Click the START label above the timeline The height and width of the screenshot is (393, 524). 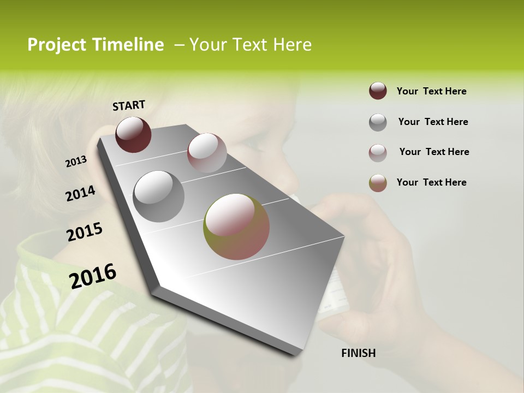tap(129, 105)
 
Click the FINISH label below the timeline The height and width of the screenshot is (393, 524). tap(358, 353)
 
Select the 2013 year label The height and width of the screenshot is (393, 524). tap(76, 162)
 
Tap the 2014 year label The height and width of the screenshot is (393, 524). tap(80, 194)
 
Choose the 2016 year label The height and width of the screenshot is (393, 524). tap(93, 276)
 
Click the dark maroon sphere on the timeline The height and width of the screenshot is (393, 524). tap(133, 134)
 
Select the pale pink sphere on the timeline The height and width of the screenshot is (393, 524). tap(207, 153)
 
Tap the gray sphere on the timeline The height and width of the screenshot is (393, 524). tap(159, 196)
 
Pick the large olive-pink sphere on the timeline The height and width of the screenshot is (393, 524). tap(236, 227)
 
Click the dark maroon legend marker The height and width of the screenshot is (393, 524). tap(378, 91)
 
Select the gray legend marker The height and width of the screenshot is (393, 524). tap(378, 122)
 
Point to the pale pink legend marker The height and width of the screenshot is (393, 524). tap(378, 153)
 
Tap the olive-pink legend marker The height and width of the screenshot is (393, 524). tap(378, 183)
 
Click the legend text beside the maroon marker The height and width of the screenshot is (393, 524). tap(431, 91)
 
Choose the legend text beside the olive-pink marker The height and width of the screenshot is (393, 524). tap(431, 182)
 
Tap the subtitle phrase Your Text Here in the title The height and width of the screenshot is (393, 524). tap(251, 45)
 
